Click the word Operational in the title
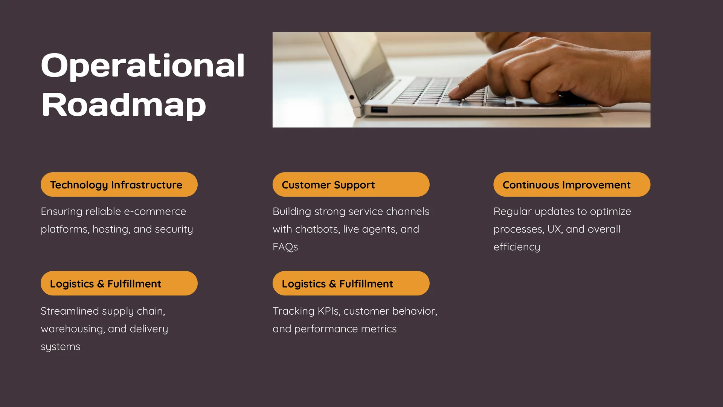point(143,66)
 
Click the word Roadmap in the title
point(124,105)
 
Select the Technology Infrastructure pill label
point(119,185)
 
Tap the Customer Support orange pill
point(351,185)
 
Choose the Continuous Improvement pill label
point(572,185)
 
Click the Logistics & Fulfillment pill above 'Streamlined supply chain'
point(119,283)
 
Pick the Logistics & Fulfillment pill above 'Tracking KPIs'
point(351,283)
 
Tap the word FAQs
point(285,247)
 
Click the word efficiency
point(517,247)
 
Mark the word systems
point(61,347)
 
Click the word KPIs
point(329,311)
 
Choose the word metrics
point(378,329)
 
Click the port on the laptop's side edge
point(379,110)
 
